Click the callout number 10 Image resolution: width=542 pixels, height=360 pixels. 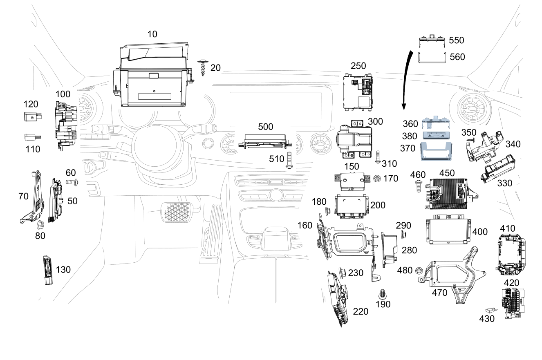tap(152, 34)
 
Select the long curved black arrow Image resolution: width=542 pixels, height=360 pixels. tap(407, 80)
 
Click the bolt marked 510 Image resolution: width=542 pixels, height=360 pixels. tap(289, 160)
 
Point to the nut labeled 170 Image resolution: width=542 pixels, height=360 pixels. tap(376, 179)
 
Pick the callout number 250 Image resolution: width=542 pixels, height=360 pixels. tap(358, 66)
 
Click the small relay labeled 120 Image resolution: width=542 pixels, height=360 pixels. tap(33, 116)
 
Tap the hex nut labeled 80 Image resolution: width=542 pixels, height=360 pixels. tap(40, 225)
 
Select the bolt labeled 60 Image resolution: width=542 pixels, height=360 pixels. tap(72, 182)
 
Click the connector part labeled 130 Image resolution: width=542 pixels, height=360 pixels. tap(48, 270)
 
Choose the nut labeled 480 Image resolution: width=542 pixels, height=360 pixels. tap(419, 271)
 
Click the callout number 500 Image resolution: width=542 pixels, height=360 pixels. tap(265, 127)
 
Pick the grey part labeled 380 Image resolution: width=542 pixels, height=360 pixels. tap(435, 135)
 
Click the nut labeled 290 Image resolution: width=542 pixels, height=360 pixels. tap(403, 235)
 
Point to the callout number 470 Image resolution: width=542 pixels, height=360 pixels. tap(439, 293)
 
